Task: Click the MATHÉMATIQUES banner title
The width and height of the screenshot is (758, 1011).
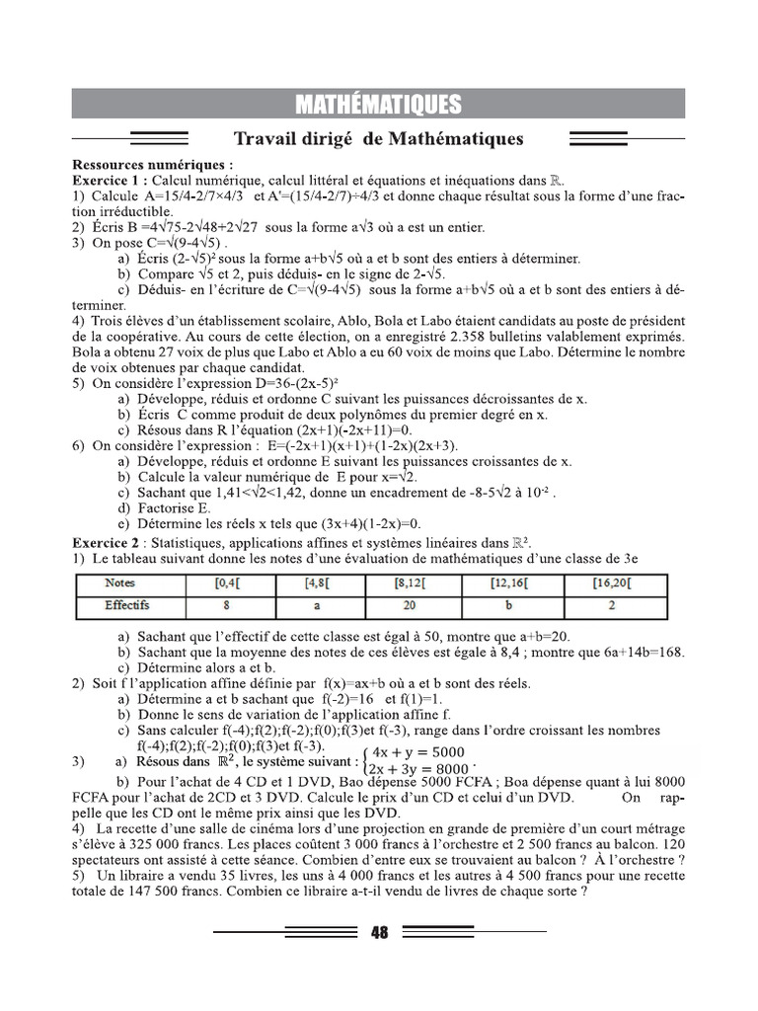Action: pos(378,104)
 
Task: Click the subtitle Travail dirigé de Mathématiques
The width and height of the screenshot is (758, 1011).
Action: pos(378,139)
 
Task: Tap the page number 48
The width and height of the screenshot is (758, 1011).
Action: pos(380,932)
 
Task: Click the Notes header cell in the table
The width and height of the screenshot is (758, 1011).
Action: pos(119,583)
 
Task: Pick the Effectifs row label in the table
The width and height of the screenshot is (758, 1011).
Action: pos(126,605)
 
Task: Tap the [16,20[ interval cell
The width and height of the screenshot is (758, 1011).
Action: pos(614,583)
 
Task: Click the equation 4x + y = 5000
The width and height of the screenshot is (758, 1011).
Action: pos(418,751)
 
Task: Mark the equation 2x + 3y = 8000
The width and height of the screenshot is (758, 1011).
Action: pos(418,769)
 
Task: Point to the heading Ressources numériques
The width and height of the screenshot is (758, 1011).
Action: pos(153,165)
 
